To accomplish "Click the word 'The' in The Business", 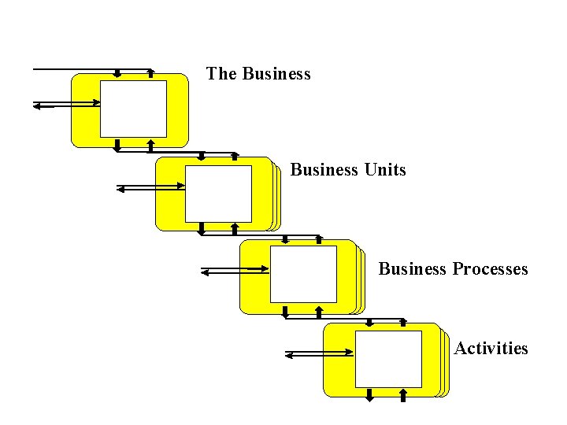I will click(221, 74).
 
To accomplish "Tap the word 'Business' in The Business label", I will click(276, 74).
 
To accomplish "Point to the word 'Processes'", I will click(490, 269).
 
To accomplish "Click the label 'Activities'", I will click(491, 349).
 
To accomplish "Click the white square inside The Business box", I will click(133, 109).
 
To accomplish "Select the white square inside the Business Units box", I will click(218, 193).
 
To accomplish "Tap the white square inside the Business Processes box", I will click(303, 274).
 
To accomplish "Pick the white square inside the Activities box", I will click(388, 359).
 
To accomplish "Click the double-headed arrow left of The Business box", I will click(66, 103).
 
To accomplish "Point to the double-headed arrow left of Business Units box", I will click(150, 187).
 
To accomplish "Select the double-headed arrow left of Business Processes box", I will click(235, 272).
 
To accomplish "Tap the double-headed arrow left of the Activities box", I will click(320, 355).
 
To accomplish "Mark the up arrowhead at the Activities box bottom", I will click(403, 394).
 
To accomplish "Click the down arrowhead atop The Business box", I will click(117, 74).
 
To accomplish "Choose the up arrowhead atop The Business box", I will click(150, 73).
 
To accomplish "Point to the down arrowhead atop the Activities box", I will click(369, 323).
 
